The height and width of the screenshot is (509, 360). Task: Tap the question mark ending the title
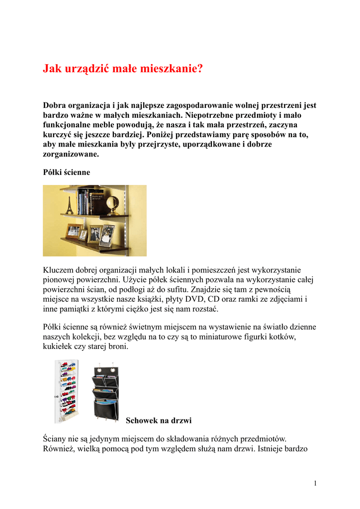point(200,69)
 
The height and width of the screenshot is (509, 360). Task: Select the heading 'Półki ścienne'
point(67,172)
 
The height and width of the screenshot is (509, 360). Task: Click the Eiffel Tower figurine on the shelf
point(70,205)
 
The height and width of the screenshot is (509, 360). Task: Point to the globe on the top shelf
point(112,204)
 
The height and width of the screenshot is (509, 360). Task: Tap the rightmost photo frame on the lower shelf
point(106,236)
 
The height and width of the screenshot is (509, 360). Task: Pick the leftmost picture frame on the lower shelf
point(74,231)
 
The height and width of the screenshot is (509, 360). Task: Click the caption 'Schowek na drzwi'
point(159,421)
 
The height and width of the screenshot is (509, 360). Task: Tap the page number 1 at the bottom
point(315,483)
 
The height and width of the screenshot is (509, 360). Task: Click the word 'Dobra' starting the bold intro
point(55,105)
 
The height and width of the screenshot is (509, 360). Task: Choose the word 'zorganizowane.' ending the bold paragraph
point(71,154)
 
